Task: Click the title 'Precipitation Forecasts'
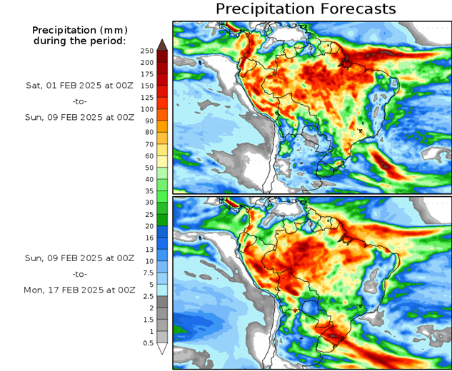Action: pyautogui.click(x=305, y=9)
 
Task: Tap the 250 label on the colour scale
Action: pyautogui.click(x=147, y=51)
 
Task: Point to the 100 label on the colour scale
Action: pyautogui.click(x=147, y=109)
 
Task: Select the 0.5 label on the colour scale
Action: pyautogui.click(x=147, y=343)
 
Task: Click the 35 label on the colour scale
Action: pyautogui.click(x=147, y=191)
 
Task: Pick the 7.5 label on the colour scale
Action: pyautogui.click(x=147, y=273)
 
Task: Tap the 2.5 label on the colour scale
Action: pyautogui.click(x=147, y=296)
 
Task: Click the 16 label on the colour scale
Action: pyautogui.click(x=147, y=238)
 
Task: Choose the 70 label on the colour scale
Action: pyautogui.click(x=147, y=144)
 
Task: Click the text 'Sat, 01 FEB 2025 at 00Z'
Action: pyautogui.click(x=79, y=85)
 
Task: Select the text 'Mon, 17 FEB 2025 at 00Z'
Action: pyautogui.click(x=79, y=290)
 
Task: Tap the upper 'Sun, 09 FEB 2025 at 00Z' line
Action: pyautogui.click(x=79, y=116)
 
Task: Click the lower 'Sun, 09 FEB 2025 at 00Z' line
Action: pyautogui.click(x=79, y=258)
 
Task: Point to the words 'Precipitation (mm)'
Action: pyautogui.click(x=79, y=30)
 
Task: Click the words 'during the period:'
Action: pyautogui.click(x=79, y=41)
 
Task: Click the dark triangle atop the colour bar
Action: pyautogui.click(x=162, y=45)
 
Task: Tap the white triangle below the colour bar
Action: pyautogui.click(x=162, y=349)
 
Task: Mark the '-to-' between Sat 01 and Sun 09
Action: pyautogui.click(x=79, y=101)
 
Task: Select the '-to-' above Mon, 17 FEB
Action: pyautogui.click(x=79, y=274)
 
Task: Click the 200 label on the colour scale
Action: pyautogui.click(x=147, y=62)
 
